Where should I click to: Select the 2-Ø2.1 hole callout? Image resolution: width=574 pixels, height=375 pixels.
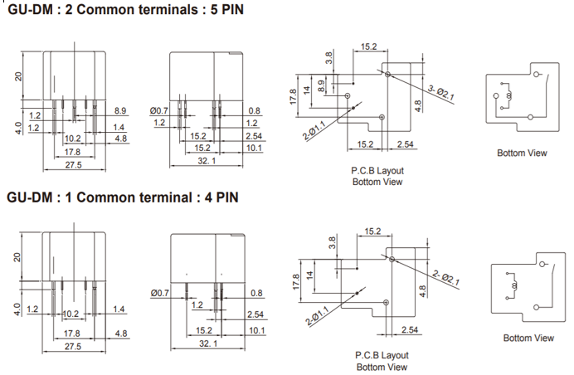click(x=448, y=276)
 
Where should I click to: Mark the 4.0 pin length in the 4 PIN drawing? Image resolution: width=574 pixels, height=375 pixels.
click(x=17, y=309)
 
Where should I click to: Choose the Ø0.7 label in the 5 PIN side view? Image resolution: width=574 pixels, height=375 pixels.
click(x=159, y=110)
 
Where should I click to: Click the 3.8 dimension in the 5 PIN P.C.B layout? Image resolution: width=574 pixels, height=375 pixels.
click(x=329, y=58)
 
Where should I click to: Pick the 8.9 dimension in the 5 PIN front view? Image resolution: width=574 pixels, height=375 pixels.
click(x=120, y=110)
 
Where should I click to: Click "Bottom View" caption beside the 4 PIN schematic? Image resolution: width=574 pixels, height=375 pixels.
click(x=528, y=338)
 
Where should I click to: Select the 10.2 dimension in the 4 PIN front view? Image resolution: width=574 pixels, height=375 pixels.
click(x=71, y=314)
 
